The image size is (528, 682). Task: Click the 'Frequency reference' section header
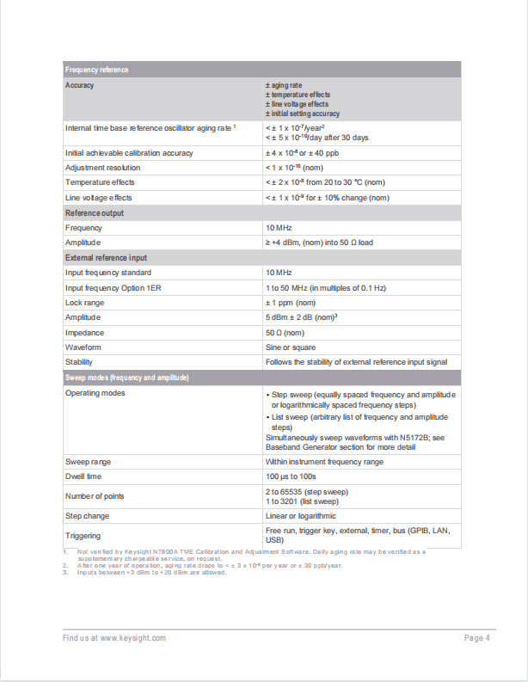[96, 70]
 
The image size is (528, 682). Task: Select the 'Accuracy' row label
[80, 85]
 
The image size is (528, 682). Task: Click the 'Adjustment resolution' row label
[102, 168]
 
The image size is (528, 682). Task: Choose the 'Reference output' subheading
[95, 212]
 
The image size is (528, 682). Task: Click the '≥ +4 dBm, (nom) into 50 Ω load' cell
[319, 243]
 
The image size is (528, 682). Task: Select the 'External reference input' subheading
[106, 258]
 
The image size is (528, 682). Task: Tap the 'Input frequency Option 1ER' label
[113, 287]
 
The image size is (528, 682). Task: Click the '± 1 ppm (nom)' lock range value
[291, 303]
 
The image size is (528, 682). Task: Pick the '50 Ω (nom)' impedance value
[285, 333]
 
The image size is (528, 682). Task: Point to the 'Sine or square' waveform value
[290, 347]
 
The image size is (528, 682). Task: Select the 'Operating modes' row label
[95, 393]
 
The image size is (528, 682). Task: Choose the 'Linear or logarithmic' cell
[301, 516]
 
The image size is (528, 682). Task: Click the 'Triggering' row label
[83, 536]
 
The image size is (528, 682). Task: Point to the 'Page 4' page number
[476, 637]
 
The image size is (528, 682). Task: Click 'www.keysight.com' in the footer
[132, 637]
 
